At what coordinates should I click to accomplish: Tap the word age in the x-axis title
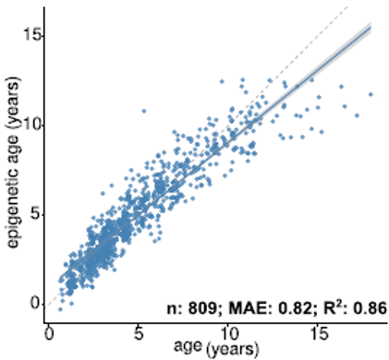[x=188, y=346]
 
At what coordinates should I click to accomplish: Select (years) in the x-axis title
[x=233, y=350]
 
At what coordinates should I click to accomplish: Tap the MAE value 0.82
[x=295, y=308]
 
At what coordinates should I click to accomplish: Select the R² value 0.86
[x=370, y=308]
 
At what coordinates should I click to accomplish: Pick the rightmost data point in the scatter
[x=371, y=94]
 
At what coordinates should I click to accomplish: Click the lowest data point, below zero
[x=60, y=309]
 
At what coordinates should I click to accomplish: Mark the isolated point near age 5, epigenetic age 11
[x=143, y=111]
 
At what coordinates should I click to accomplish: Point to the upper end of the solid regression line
[x=371, y=27]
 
